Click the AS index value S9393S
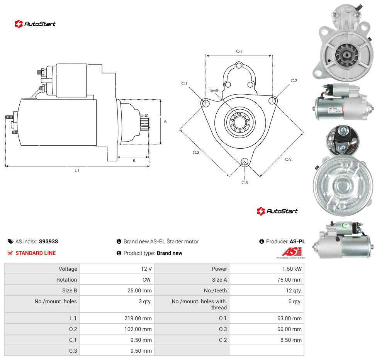click(48, 241)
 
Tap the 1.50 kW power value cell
click(292, 269)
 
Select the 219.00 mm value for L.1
click(138, 318)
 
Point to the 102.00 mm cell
click(138, 329)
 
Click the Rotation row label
click(66, 280)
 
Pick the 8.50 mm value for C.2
click(291, 340)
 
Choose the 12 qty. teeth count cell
click(294, 290)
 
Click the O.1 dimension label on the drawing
click(239, 51)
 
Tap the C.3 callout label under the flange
click(245, 183)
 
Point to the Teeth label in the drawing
click(214, 90)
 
